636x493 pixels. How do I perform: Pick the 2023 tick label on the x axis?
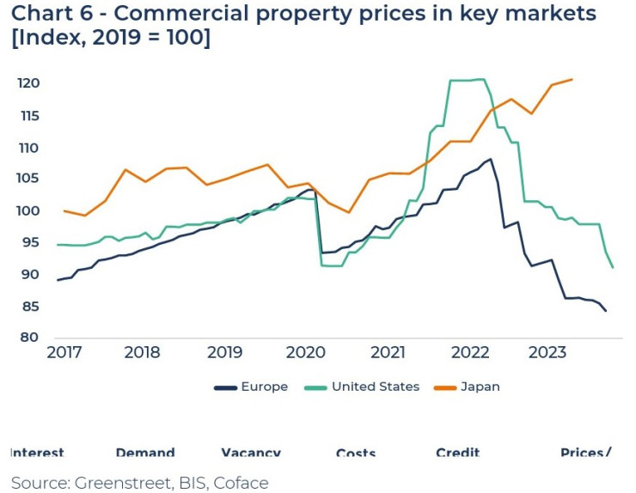click(547, 353)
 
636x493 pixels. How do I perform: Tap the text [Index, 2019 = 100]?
click(111, 41)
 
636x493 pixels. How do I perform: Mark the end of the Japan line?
click(572, 79)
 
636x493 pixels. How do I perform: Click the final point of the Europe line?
click(606, 311)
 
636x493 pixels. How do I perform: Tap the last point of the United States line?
click(613, 268)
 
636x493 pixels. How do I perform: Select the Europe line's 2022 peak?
click(490, 159)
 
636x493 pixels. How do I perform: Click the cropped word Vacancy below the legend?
click(251, 453)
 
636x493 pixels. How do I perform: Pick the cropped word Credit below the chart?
click(457, 453)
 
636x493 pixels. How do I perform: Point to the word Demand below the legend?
click(144, 453)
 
